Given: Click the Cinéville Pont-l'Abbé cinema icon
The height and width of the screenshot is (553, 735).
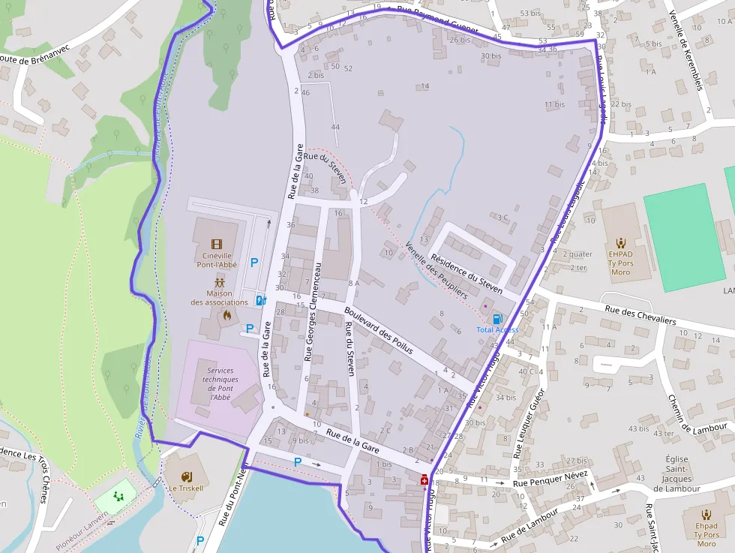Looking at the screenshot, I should coord(217,244).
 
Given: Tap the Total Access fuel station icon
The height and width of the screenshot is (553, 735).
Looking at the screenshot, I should coord(497,319).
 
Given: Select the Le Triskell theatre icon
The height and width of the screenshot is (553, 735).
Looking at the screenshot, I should coord(187,476).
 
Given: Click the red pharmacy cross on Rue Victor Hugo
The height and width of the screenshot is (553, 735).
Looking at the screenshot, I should coord(424,479).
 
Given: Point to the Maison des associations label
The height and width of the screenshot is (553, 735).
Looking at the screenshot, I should coord(219,298).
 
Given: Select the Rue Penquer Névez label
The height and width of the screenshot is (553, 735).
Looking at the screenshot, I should coord(553,479).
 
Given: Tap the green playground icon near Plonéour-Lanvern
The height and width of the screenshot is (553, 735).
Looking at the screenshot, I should coord(118,496).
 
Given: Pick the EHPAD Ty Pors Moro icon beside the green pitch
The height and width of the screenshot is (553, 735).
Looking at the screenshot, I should coord(621,243).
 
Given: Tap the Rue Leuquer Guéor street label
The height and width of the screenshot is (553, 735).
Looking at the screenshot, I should coord(529,423).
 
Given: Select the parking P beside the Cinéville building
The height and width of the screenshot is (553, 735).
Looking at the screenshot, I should coord(254,263).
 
